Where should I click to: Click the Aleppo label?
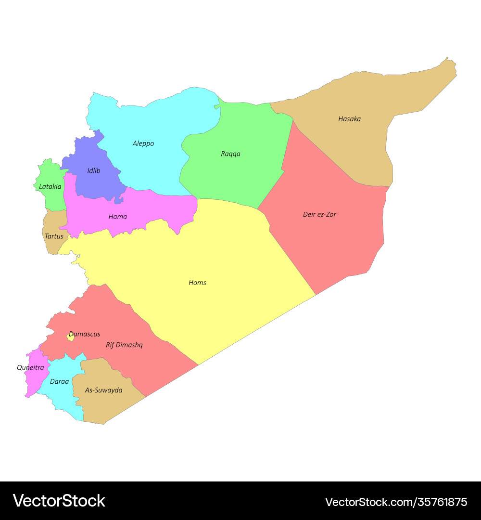tap(143, 143)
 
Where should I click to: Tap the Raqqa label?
tap(230, 154)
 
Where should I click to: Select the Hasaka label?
tap(349, 119)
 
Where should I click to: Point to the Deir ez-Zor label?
tap(319, 214)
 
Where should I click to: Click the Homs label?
tap(197, 283)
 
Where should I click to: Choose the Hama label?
tap(118, 217)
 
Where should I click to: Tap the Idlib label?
tap(94, 170)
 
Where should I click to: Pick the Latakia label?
tap(50, 186)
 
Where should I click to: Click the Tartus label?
tap(54, 236)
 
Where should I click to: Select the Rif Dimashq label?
tap(124, 345)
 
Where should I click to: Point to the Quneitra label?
tap(30, 367)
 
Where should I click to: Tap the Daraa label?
tap(60, 381)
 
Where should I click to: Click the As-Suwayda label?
tap(103, 390)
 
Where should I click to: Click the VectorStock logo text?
tap(59, 501)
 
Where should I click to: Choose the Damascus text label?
tap(85, 334)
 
